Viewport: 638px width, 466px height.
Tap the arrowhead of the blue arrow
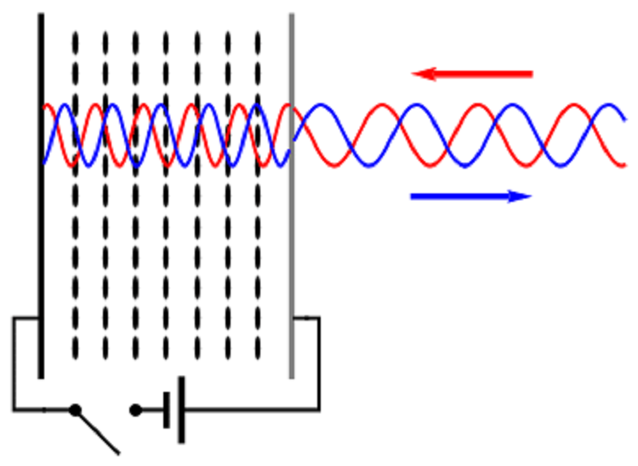(521, 196)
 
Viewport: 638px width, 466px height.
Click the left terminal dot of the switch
(75, 410)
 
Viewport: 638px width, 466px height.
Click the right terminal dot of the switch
(134, 410)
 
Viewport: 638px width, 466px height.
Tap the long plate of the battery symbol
(180, 410)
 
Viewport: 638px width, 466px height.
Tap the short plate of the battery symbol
(165, 410)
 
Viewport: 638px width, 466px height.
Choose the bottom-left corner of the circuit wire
(14, 410)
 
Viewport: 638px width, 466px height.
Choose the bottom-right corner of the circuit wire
(319, 410)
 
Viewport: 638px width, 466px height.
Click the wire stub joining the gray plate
(305, 319)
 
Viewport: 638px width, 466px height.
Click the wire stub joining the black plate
(26, 318)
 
